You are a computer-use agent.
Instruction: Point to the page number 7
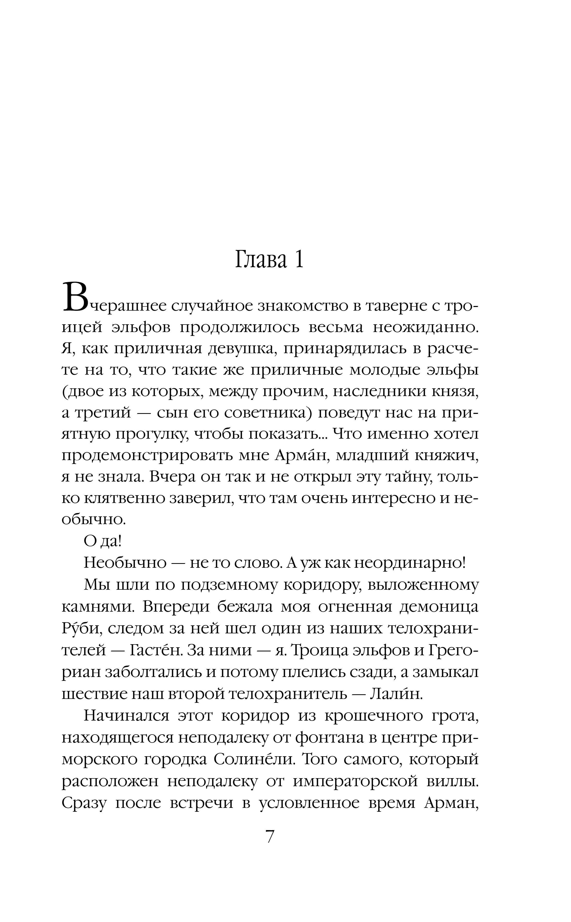pyautogui.click(x=270, y=837)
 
